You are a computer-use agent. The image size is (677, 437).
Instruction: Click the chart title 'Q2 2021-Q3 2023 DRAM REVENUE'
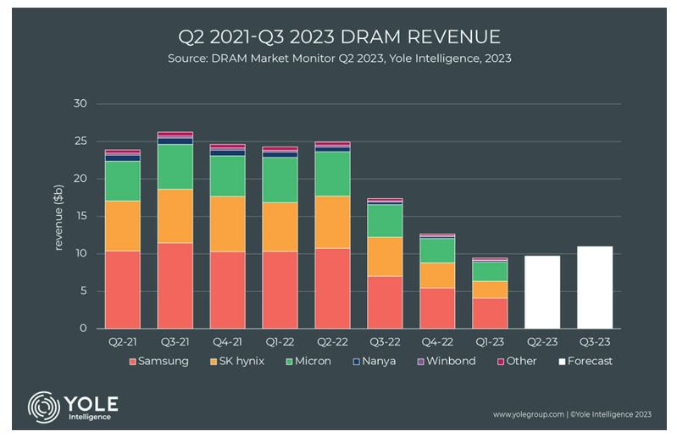pos(338,37)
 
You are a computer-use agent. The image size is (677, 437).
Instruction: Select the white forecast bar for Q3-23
pos(594,287)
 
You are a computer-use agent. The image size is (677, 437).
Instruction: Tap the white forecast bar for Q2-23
pos(541,292)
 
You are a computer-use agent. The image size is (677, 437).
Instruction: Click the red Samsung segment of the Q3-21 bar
pos(175,285)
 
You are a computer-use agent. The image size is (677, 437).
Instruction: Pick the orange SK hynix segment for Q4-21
pos(227,224)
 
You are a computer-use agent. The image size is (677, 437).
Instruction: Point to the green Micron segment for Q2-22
pos(332,174)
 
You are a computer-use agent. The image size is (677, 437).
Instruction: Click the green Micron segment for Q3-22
pos(385,221)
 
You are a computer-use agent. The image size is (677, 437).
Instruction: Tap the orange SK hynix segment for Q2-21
pos(122,225)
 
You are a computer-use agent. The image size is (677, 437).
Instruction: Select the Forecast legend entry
pos(584,361)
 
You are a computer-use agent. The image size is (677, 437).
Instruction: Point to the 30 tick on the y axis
pos(81,104)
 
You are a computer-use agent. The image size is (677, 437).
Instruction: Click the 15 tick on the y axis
pos(81,216)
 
